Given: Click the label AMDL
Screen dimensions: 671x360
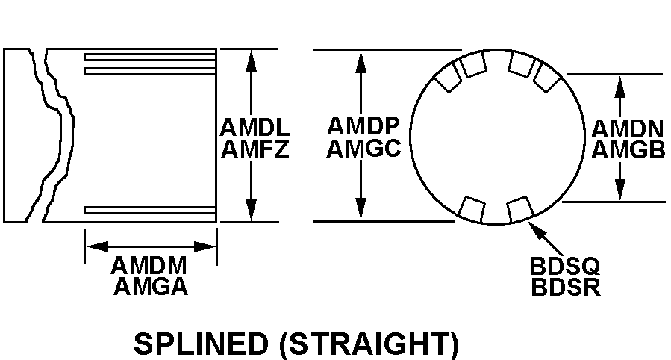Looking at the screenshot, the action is (255, 127).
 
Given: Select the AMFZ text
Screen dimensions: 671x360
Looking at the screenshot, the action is (255, 149).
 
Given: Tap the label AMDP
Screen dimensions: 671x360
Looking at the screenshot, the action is (363, 126).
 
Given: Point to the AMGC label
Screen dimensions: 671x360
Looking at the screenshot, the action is (363, 148).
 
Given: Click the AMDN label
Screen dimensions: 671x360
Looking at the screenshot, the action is (628, 128).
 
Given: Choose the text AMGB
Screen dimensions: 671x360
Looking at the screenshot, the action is (628, 149).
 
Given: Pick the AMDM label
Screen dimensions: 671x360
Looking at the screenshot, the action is (149, 265).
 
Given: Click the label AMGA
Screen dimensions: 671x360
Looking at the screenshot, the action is (151, 286).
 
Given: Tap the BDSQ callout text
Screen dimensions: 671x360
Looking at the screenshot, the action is (565, 266).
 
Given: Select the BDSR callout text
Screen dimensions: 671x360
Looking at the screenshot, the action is (566, 287).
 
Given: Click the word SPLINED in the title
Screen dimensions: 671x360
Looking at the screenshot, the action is (201, 344).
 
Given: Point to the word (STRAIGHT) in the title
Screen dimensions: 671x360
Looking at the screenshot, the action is (369, 344).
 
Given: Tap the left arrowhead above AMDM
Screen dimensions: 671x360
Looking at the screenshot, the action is (97, 246).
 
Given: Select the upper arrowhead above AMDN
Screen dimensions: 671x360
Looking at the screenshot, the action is (619, 87).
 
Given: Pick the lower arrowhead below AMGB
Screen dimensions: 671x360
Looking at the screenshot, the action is (619, 188).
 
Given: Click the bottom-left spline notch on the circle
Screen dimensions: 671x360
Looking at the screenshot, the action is (472, 209).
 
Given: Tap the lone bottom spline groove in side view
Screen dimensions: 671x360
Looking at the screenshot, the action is (150, 210).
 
